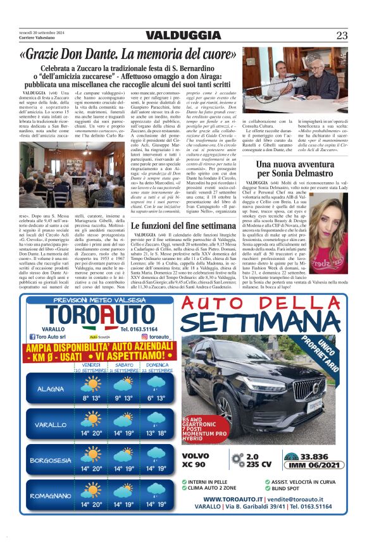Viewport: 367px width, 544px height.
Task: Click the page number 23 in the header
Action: pos(342,35)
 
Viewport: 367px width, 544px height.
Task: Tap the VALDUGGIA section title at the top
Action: pos(183,35)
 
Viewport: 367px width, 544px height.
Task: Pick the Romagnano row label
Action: pos(51,496)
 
